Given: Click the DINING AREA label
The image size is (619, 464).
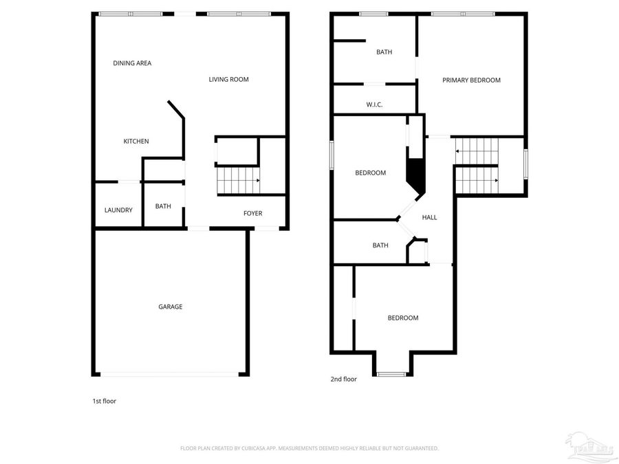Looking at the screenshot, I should coord(132,63).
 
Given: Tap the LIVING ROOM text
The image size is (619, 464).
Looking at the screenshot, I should coord(228,80).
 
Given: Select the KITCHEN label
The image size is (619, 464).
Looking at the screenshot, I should coord(135,142).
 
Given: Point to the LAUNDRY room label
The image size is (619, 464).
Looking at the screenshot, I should coord(118,210).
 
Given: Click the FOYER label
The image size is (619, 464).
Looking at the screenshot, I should coord(252,214).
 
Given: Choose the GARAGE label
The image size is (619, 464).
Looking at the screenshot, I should coord(171,307).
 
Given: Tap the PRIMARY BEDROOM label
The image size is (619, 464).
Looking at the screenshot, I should coord(471,80).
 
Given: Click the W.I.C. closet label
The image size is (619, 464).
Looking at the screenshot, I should coord(374,104).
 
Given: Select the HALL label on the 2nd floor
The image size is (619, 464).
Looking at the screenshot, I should coord(429,218).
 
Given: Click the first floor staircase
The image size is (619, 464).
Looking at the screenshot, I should coord(238,180).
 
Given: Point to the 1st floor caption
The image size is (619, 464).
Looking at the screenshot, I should coord(105,401).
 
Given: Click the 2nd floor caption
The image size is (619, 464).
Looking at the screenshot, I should coord(343,379).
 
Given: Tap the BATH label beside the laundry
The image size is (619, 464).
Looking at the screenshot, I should coord(163,206).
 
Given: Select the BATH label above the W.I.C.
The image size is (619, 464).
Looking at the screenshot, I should coord(384,52).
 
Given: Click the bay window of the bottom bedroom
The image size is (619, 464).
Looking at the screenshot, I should coord(392,374).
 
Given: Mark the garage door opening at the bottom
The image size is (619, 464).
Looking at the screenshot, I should coord(171,375).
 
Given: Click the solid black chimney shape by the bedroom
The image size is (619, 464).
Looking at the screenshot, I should coord(415,175).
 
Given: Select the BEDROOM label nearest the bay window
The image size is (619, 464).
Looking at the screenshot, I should coord(402,318).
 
